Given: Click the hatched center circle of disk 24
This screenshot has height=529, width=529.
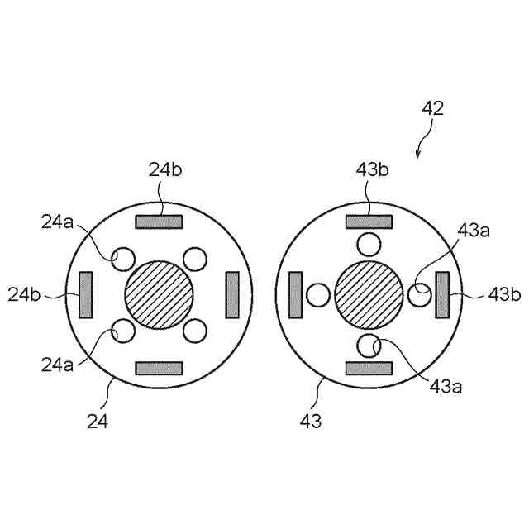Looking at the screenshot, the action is click(x=159, y=294).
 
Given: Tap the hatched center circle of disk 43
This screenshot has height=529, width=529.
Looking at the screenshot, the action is click(x=369, y=294).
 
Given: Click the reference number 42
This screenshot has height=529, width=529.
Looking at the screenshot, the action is click(x=433, y=108).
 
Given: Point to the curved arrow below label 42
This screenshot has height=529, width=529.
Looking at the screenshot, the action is click(x=424, y=141).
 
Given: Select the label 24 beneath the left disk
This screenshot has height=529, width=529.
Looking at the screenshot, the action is click(x=98, y=421).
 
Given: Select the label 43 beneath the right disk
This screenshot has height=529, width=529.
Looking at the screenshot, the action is click(x=311, y=421).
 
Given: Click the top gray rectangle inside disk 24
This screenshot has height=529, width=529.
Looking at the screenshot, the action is click(x=159, y=222).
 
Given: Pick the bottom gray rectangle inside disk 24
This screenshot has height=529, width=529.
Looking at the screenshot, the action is click(x=159, y=367).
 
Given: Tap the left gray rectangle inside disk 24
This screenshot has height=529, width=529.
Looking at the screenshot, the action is click(x=86, y=294).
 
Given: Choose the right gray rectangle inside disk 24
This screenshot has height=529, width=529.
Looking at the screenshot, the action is click(x=232, y=294).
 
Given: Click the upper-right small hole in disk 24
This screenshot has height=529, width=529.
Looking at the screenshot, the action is click(x=195, y=259).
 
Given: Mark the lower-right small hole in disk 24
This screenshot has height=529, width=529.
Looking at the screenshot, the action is click(x=195, y=331).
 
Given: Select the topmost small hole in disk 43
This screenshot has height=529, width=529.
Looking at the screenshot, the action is click(x=369, y=244).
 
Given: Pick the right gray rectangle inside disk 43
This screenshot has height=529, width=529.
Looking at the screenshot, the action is click(x=442, y=294).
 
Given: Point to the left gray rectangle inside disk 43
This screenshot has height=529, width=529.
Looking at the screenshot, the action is click(x=296, y=294).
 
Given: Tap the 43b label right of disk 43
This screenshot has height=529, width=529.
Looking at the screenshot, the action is click(x=503, y=293).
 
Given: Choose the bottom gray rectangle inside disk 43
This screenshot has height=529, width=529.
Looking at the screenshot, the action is click(x=369, y=367).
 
